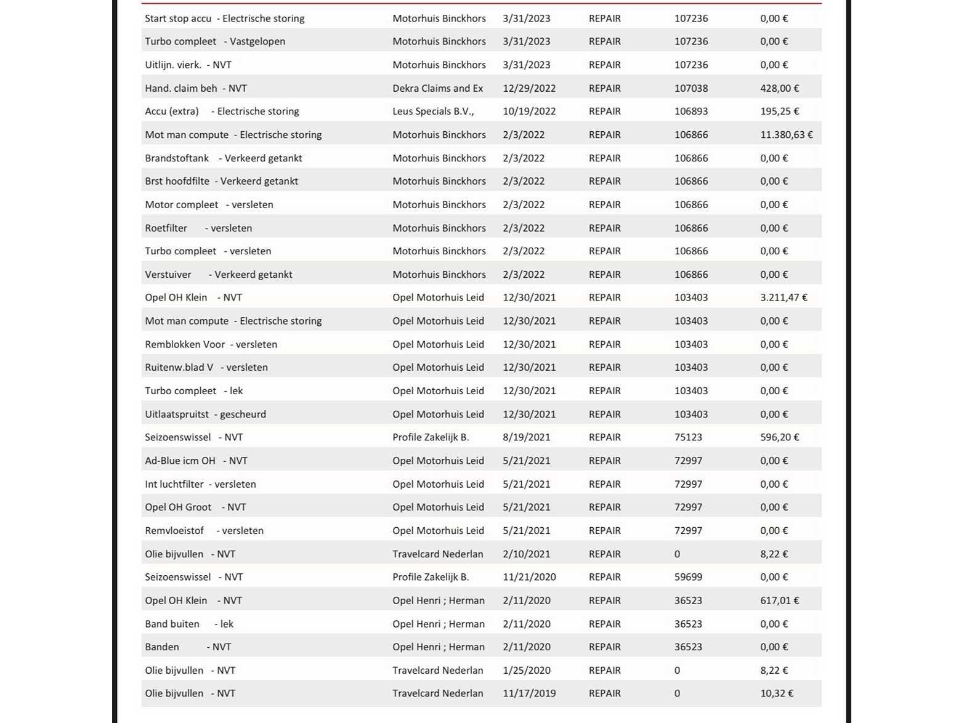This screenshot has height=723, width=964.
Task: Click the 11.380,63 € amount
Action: (786, 135)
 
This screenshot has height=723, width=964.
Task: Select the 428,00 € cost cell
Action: (779, 88)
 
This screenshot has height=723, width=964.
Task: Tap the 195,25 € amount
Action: (779, 111)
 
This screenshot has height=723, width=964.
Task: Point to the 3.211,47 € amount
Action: (784, 297)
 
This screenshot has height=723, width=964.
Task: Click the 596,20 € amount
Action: (779, 437)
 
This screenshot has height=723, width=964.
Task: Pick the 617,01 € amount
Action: (779, 600)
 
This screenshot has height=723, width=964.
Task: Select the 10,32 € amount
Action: (776, 693)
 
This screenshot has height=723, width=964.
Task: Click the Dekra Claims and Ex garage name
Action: (437, 88)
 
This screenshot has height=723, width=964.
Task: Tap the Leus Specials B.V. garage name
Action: (433, 111)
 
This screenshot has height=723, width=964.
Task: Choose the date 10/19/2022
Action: (529, 111)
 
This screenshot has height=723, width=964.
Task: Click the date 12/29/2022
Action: (529, 88)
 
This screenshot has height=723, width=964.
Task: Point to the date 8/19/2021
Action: (526, 437)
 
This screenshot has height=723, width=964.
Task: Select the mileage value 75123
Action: (688, 437)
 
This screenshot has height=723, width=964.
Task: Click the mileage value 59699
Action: (688, 577)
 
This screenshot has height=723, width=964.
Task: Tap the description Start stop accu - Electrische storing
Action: (225, 18)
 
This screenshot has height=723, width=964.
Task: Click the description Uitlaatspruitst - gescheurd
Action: (206, 414)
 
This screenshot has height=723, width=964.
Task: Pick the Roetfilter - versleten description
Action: (198, 228)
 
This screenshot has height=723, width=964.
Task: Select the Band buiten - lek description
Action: (189, 624)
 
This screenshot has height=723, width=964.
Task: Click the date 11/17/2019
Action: (529, 693)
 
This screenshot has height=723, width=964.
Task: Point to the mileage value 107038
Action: (691, 88)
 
